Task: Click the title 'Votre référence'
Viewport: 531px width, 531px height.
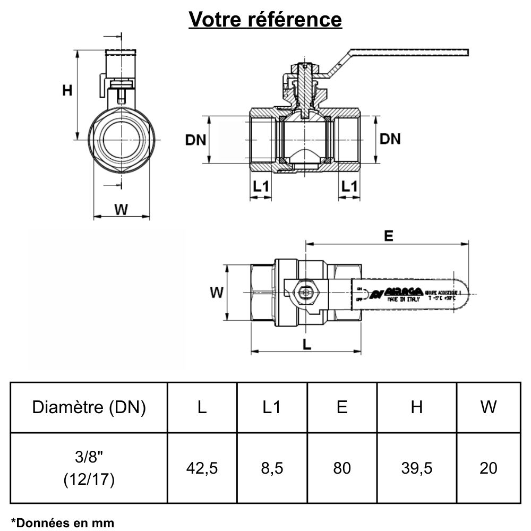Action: pyautogui.click(x=265, y=20)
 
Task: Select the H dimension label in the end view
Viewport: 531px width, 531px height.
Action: pyautogui.click(x=67, y=91)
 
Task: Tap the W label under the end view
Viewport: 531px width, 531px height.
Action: pyautogui.click(x=122, y=209)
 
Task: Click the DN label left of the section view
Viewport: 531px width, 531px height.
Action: pyautogui.click(x=195, y=140)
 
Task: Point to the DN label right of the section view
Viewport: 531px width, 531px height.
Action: pyautogui.click(x=390, y=139)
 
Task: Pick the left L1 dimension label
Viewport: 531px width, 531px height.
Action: pyautogui.click(x=261, y=186)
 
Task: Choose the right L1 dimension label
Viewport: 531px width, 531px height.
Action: pyautogui.click(x=349, y=186)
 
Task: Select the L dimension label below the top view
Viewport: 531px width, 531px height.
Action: pyautogui.click(x=306, y=344)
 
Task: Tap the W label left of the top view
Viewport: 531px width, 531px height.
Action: pyautogui.click(x=216, y=292)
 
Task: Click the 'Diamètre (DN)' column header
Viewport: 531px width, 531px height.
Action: pyautogui.click(x=89, y=407)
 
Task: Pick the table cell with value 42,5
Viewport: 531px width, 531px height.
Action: pyautogui.click(x=202, y=468)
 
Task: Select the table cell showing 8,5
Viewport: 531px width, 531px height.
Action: pyautogui.click(x=272, y=468)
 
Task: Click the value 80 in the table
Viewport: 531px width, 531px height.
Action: pyautogui.click(x=342, y=468)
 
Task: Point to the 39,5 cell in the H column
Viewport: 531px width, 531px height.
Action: pyautogui.click(x=417, y=468)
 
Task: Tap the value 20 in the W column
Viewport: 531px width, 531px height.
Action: pyautogui.click(x=488, y=468)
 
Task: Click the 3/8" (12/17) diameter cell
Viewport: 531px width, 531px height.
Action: pyautogui.click(x=89, y=468)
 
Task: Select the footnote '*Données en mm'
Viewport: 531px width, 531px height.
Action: pyautogui.click(x=62, y=523)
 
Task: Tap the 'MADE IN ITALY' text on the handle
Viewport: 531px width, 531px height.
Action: pyautogui.click(x=404, y=299)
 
